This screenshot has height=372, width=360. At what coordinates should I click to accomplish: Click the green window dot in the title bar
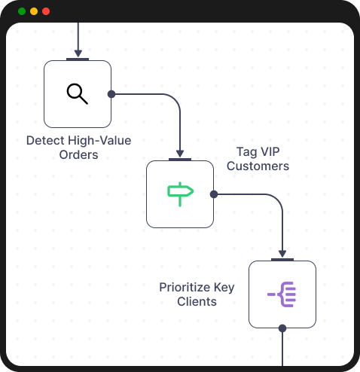coord(22,11)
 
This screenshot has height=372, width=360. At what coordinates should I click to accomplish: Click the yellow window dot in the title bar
coord(34,11)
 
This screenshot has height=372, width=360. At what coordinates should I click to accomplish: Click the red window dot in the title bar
coord(46,11)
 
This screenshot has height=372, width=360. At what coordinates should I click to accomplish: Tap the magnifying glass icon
coord(78,93)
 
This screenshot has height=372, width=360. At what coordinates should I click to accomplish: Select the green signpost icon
coord(180,194)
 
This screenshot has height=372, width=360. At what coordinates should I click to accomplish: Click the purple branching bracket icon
coord(282,294)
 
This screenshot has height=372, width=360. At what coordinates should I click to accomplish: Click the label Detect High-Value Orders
coord(78,148)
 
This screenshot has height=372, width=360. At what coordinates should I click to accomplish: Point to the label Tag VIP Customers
coord(258,159)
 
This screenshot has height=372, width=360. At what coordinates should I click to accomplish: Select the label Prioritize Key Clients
coord(197,294)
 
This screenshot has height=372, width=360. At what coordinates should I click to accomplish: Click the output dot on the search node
coord(111,94)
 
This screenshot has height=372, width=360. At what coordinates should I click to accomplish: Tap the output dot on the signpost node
coord(214,194)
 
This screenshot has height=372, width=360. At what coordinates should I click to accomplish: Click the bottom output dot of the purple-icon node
coord(282,328)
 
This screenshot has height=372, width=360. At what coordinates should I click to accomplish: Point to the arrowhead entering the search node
coord(78,53)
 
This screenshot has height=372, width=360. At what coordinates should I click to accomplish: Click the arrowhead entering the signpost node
coord(180,154)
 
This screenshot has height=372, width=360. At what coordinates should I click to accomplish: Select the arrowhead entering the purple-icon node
coord(282,254)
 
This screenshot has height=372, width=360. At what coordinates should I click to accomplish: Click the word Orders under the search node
coord(78,155)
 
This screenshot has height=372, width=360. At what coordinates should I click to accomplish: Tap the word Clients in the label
coord(197,302)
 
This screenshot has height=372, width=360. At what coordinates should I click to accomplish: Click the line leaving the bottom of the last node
coord(282,350)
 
